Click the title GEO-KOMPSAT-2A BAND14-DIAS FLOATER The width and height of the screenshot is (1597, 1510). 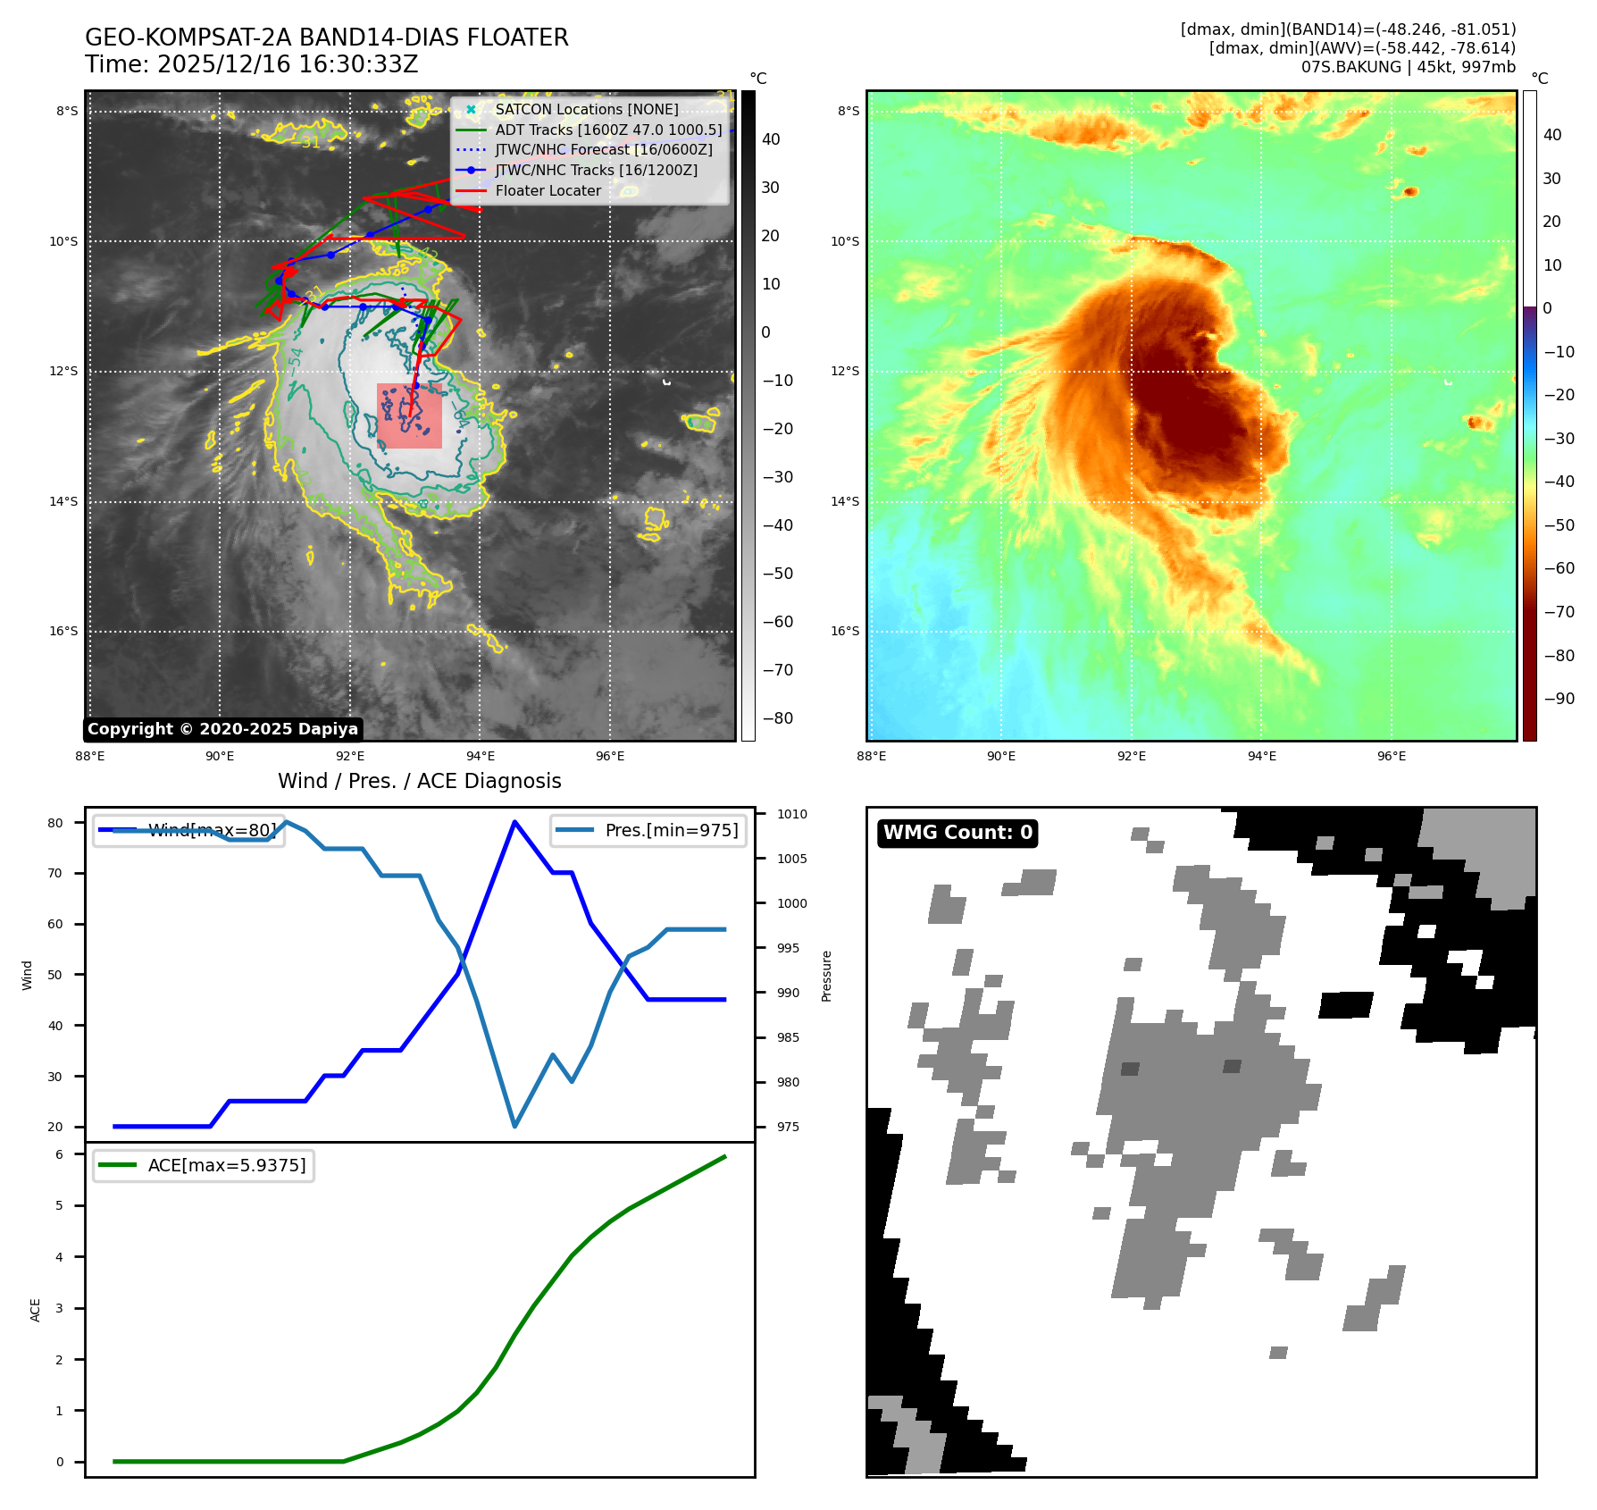[x=326, y=38]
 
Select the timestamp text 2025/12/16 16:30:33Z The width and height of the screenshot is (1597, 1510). [x=288, y=65]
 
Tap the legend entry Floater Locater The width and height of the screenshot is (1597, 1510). [x=548, y=191]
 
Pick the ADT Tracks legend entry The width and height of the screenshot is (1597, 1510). [x=608, y=130]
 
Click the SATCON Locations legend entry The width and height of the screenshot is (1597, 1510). [x=586, y=109]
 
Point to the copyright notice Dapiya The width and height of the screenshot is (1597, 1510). [x=222, y=729]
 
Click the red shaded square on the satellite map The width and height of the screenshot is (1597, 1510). [x=409, y=415]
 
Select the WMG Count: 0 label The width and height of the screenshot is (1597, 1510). [x=957, y=833]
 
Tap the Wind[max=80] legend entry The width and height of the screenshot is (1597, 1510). [x=212, y=830]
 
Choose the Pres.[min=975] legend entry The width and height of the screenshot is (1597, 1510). [x=671, y=830]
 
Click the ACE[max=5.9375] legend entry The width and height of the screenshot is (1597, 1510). [x=226, y=1165]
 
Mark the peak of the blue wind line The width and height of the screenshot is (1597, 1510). [x=514, y=821]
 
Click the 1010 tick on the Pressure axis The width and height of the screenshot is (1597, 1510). [x=791, y=814]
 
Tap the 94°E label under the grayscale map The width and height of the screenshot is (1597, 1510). [x=481, y=756]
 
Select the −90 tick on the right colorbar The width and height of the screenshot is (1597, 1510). [x=1559, y=699]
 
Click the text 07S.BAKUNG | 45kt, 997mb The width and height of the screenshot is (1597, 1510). [x=1408, y=67]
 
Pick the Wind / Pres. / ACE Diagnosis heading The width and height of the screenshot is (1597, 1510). [x=420, y=781]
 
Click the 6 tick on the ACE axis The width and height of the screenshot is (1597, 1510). [x=60, y=1154]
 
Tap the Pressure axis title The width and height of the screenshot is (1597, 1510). [x=826, y=976]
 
